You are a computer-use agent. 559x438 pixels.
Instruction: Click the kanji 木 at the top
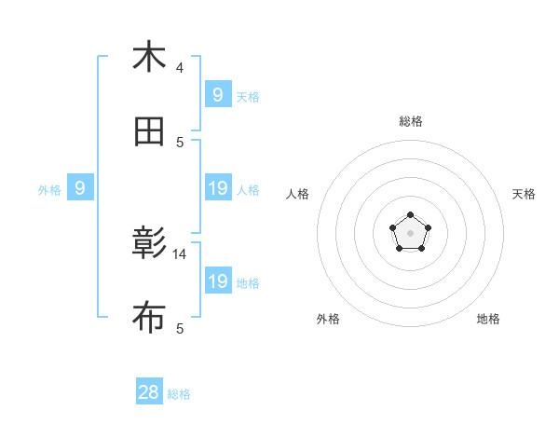(149, 57)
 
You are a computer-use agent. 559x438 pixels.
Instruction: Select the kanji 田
(149, 132)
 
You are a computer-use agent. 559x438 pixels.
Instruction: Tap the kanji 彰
(149, 244)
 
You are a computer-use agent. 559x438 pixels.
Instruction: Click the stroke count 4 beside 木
(180, 67)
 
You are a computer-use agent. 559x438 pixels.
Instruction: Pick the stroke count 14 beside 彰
(180, 253)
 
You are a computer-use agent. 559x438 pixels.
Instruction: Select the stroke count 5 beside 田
(180, 142)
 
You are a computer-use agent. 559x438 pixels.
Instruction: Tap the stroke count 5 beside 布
(180, 328)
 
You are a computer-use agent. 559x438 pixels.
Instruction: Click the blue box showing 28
(149, 392)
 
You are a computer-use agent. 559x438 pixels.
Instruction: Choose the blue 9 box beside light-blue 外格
(80, 189)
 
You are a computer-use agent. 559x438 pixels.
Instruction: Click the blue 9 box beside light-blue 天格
(217, 94)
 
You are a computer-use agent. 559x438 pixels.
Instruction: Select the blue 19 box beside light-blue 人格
(217, 189)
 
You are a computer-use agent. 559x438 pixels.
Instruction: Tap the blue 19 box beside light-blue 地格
(217, 281)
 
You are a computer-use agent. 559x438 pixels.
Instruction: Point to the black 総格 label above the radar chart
(411, 121)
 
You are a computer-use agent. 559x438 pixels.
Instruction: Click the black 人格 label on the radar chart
(298, 194)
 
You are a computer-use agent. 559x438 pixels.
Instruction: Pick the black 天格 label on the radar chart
(524, 194)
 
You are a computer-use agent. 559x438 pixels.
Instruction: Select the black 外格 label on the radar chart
(328, 319)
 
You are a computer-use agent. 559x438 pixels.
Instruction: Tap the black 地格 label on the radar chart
(488, 319)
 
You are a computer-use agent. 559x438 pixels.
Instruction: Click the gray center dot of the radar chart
(411, 232)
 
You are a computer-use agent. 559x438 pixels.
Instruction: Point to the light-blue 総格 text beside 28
(179, 394)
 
